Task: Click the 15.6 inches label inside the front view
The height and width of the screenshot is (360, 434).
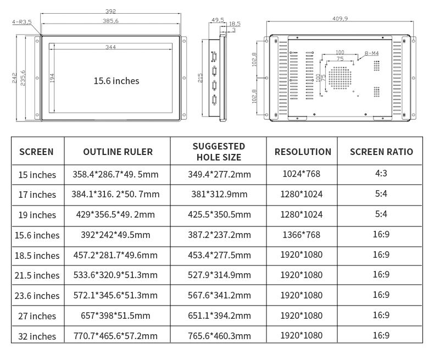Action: pyautogui.click(x=116, y=81)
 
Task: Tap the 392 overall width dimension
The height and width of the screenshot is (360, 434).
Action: pyautogui.click(x=111, y=12)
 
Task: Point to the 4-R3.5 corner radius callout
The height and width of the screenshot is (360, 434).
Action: pyautogui.click(x=22, y=22)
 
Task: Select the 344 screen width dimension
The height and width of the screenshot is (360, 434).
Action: pyautogui.click(x=110, y=47)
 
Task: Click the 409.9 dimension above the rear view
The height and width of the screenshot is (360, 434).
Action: pyautogui.click(x=340, y=19)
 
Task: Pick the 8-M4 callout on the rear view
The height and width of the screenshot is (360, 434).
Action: pyautogui.click(x=371, y=53)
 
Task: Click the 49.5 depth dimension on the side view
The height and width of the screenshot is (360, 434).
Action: pyautogui.click(x=218, y=20)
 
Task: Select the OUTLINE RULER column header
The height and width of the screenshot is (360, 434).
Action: pyautogui.click(x=118, y=152)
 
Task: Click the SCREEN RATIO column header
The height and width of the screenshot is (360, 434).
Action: pyautogui.click(x=381, y=152)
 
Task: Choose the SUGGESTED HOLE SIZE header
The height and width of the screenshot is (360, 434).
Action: pyautogui.click(x=219, y=151)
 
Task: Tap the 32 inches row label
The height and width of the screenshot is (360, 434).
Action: pyautogui.click(x=37, y=336)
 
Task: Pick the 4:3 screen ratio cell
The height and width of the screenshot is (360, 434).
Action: pyautogui.click(x=381, y=174)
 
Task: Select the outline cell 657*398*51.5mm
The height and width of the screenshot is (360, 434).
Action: pyautogui.click(x=115, y=315)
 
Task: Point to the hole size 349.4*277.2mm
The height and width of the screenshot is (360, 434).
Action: pyautogui.click(x=219, y=174)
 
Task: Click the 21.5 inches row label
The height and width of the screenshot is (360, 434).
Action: pyautogui.click(x=37, y=275)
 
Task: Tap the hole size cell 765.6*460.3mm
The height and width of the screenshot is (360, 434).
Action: pyautogui.click(x=219, y=336)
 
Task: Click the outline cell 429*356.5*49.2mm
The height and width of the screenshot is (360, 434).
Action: pyautogui.click(x=115, y=215)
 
